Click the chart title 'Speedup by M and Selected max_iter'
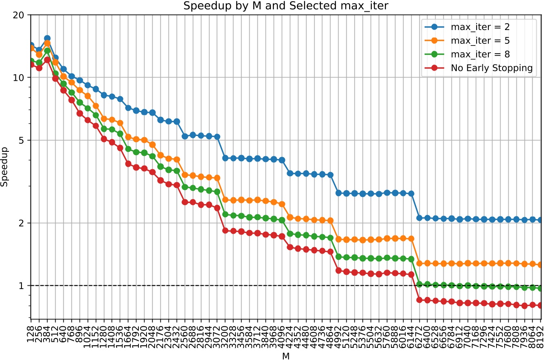point(272,6)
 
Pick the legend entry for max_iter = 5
point(480,41)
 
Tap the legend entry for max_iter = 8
point(480,54)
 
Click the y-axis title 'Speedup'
point(5,167)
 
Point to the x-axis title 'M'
point(286,355)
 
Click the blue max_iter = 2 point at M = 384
point(47,38)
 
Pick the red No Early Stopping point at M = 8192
point(540,305)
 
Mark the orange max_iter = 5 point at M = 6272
point(419,263)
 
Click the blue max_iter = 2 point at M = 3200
point(225,158)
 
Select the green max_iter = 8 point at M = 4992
point(339,257)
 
